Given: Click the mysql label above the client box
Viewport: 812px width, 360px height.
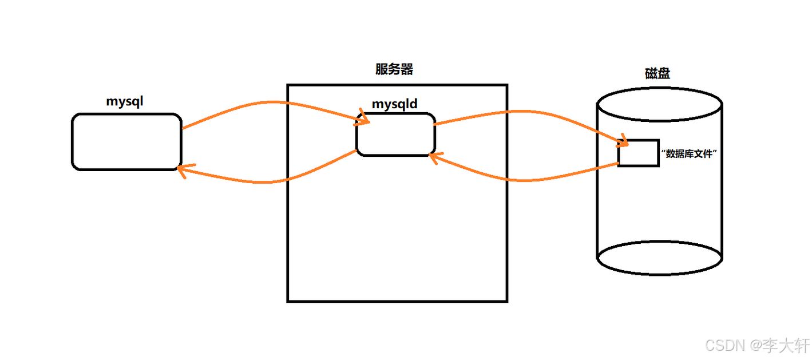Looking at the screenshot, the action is (124, 102).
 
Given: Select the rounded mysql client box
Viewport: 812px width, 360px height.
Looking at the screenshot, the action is (126, 141).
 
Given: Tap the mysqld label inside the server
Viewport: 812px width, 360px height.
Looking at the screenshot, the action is (395, 104).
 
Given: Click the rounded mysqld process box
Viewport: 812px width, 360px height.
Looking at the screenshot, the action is (395, 134).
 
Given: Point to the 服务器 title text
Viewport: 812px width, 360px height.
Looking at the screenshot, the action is (394, 70).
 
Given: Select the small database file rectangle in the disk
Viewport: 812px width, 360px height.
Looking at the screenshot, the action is (638, 153).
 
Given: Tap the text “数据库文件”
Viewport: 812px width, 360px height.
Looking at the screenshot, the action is (690, 153).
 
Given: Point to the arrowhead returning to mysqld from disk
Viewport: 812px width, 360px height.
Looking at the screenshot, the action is (434, 157).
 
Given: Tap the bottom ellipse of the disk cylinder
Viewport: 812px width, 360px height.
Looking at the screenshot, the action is (659, 257).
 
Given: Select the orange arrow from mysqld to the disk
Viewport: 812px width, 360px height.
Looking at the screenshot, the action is (515, 112).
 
